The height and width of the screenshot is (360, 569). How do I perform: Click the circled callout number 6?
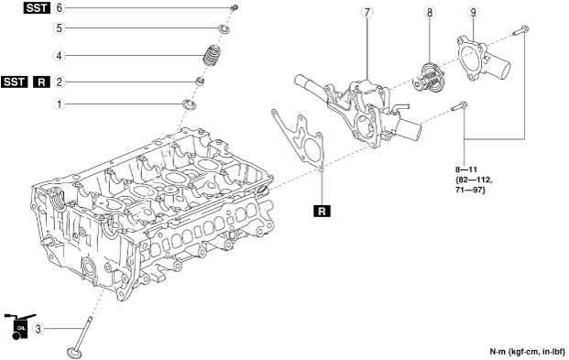tap(60, 8)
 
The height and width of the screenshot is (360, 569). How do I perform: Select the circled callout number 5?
tap(60, 28)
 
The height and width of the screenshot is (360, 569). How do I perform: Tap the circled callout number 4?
tap(60, 56)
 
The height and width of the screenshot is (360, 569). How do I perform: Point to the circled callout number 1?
tap(60, 104)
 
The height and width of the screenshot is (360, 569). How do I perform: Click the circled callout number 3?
tap(38, 329)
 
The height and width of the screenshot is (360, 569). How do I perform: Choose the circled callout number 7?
tap(367, 12)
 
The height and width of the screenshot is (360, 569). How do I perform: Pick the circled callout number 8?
tap(430, 12)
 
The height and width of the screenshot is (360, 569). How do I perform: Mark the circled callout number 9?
tap(473, 12)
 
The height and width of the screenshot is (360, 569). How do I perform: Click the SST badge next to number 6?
tap(37, 8)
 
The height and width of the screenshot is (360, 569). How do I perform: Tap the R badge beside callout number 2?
tap(42, 82)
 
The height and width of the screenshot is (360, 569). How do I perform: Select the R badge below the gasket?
tap(322, 211)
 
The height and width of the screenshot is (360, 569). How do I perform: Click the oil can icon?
tap(19, 327)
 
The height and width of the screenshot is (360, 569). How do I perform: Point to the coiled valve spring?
tap(212, 56)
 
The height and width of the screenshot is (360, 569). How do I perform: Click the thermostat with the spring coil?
tap(427, 77)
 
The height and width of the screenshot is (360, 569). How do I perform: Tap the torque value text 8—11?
tap(466, 169)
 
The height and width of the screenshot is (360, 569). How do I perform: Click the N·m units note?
tap(528, 351)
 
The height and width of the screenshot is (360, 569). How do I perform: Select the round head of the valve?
tap(75, 353)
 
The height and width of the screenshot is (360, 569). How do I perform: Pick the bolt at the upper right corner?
tap(521, 30)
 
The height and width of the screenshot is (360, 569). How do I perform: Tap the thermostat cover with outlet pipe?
tap(483, 60)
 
